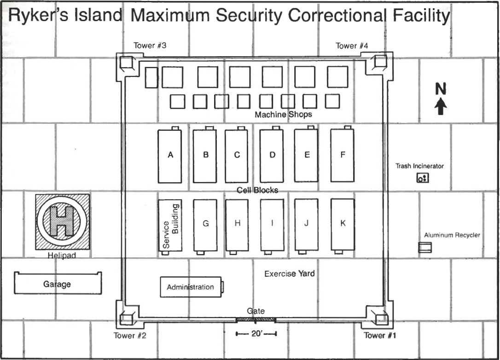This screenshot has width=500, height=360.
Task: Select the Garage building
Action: pos(58,284)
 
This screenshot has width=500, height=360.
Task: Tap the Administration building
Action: pos(190,287)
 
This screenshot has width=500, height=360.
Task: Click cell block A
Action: pos(170,156)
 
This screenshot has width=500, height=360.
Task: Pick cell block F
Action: pos(343,155)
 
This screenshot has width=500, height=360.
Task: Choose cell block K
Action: pos(343,224)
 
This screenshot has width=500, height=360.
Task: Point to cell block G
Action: pos(205,224)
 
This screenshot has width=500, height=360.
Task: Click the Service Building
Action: pos(170,226)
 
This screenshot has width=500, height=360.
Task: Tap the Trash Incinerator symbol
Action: pos(422,178)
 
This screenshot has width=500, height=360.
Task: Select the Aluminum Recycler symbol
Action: pos(424,248)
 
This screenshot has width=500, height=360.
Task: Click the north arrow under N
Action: pos(441,106)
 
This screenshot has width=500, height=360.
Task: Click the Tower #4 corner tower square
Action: pos(380,61)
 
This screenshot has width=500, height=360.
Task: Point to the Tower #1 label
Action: pos(380,335)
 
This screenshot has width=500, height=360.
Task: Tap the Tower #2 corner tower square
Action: pos(126,318)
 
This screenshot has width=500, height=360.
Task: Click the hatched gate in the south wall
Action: pos(256,319)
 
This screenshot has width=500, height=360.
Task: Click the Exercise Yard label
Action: pos(289,274)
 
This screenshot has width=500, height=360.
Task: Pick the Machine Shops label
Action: pos(283,115)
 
